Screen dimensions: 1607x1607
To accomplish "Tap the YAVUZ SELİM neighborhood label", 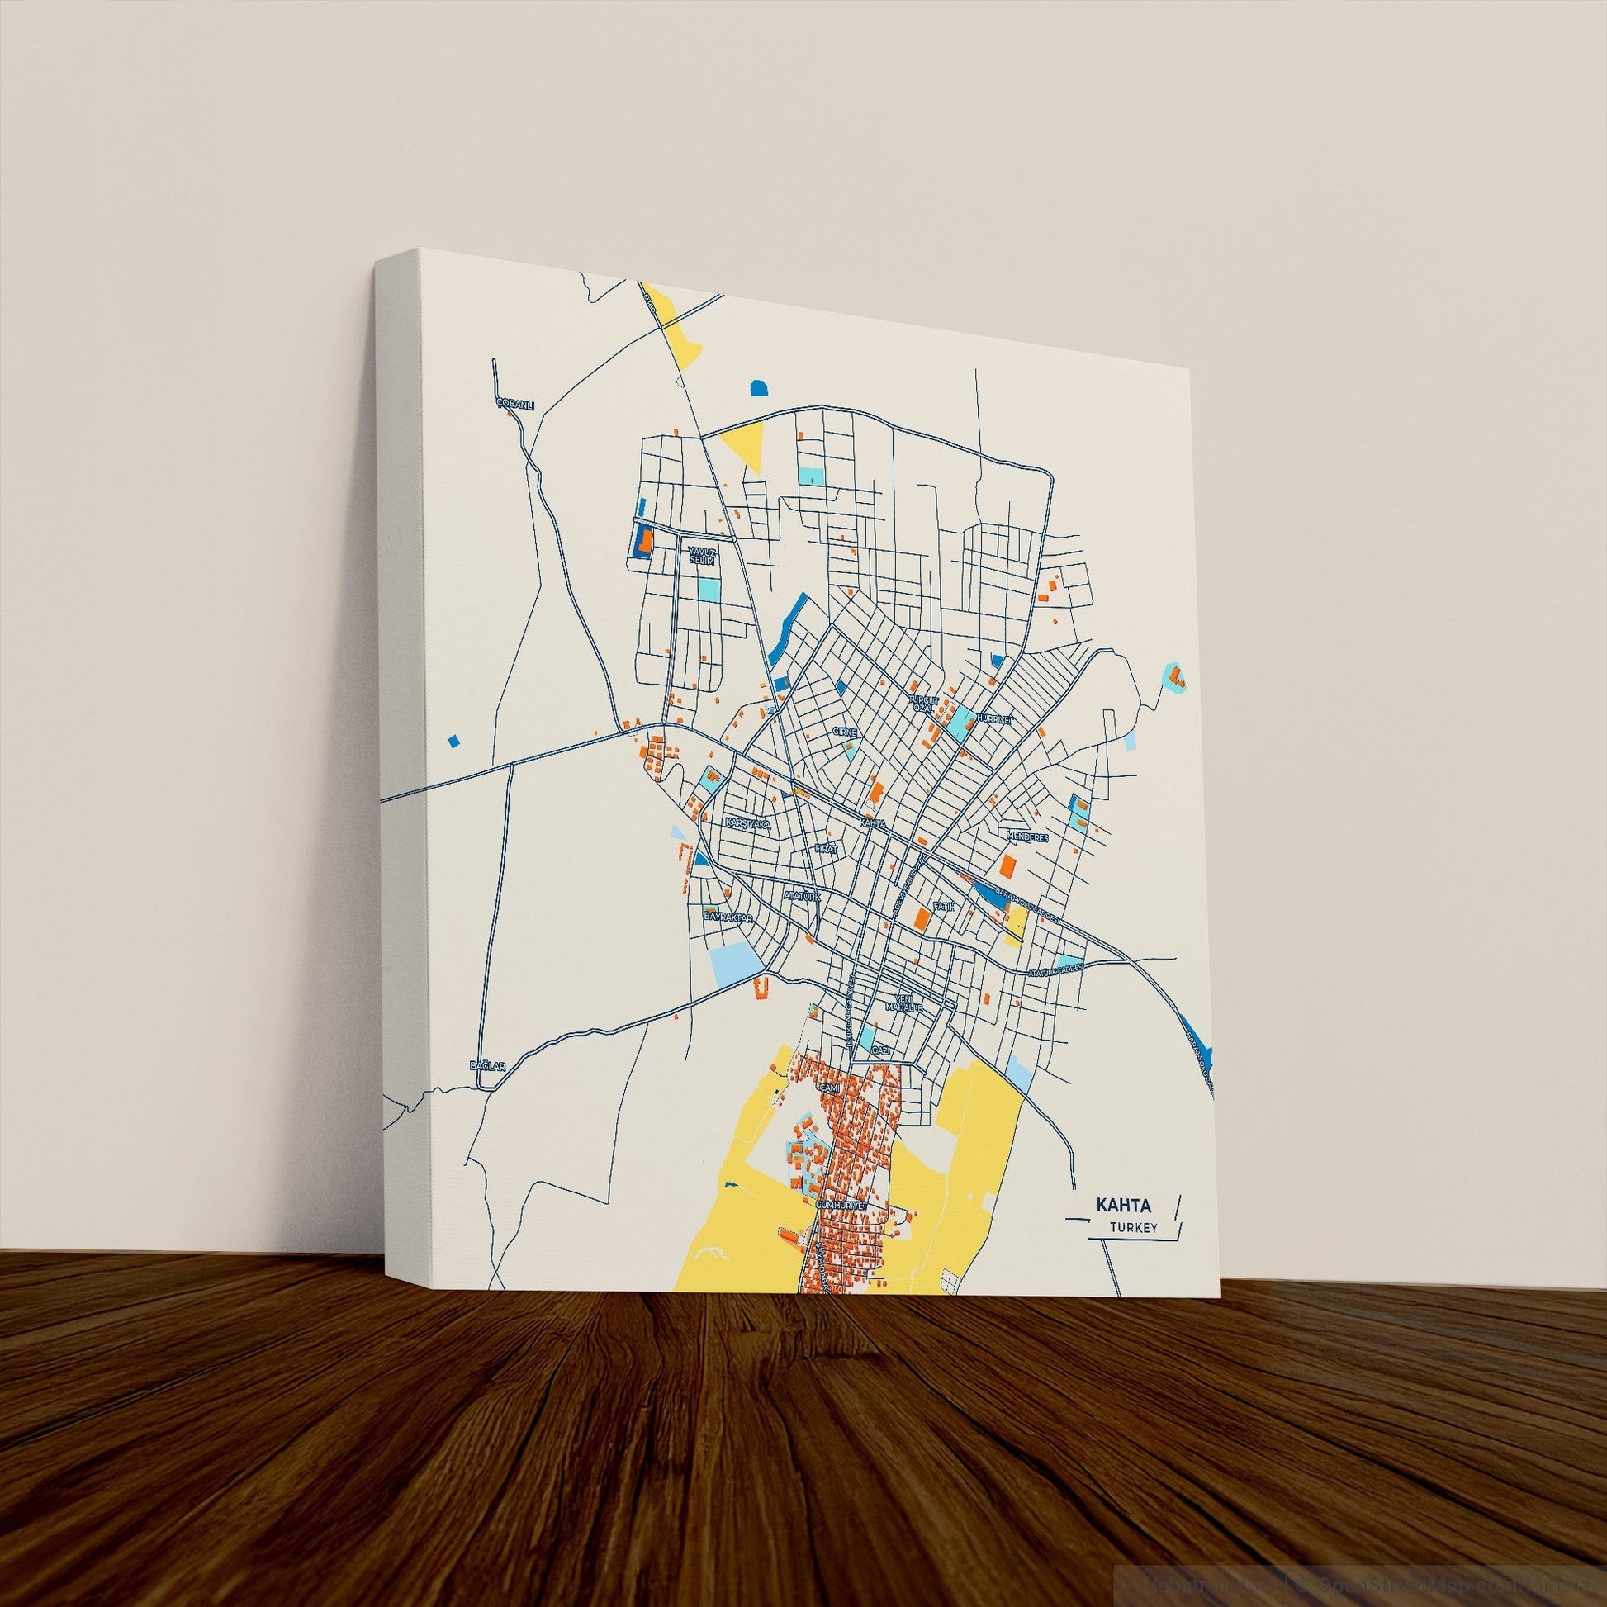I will [701, 555].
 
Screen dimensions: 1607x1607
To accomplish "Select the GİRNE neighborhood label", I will [843, 731].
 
